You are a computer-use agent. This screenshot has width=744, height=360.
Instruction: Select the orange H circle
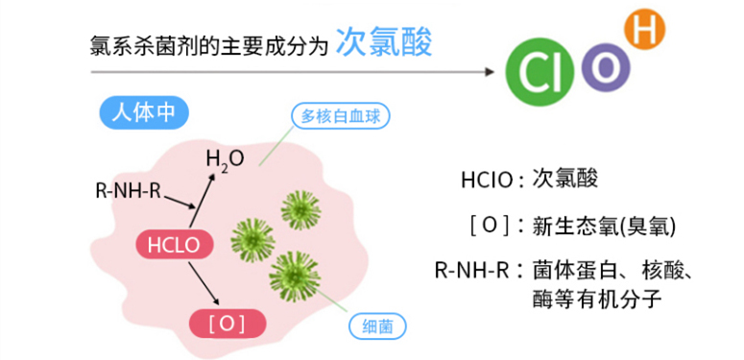tap(644, 30)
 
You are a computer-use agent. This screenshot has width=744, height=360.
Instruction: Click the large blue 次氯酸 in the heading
tap(383, 43)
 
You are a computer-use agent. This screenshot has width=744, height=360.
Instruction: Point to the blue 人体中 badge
tap(143, 111)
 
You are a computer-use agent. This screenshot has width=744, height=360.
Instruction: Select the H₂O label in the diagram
tap(225, 157)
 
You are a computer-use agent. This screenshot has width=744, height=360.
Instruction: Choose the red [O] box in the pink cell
tap(227, 324)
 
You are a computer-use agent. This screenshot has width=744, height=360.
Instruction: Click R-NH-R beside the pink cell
tap(128, 190)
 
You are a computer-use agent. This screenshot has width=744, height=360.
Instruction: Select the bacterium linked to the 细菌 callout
tap(295, 274)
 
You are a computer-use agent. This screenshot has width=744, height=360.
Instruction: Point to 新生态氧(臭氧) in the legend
tap(605, 227)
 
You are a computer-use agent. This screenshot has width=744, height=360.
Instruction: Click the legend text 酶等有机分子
tap(596, 298)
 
